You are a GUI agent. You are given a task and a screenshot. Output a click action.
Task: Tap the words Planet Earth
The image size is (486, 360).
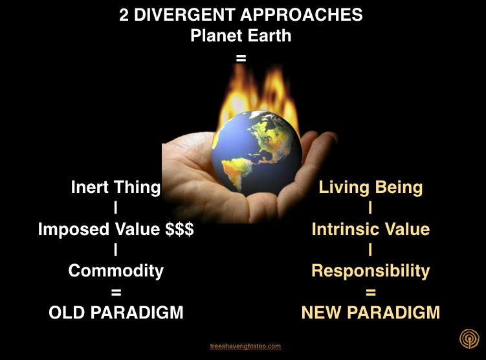(241, 36)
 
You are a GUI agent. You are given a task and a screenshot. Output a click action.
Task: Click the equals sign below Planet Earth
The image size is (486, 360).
(241, 58)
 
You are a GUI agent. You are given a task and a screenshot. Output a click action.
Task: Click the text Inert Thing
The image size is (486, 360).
(115, 188)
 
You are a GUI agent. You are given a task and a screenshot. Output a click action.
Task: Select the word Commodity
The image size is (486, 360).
(116, 271)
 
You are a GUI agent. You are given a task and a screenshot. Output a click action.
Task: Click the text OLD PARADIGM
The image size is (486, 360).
(116, 313)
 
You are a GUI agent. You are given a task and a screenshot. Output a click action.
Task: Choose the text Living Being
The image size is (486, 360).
(370, 188)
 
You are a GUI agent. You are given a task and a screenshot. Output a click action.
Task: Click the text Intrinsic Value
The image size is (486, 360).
(370, 229)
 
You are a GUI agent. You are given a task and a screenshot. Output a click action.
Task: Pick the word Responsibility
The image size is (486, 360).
(370, 271)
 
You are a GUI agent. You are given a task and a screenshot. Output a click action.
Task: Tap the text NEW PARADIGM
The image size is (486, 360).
(370, 313)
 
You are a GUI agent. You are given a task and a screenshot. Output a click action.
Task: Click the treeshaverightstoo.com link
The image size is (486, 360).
(246, 346)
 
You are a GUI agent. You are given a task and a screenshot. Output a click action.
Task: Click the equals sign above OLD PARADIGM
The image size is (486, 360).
(116, 292)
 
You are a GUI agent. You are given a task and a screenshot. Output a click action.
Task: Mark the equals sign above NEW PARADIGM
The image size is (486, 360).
(370, 292)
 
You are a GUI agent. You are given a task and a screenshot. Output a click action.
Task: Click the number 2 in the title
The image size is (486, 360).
(124, 15)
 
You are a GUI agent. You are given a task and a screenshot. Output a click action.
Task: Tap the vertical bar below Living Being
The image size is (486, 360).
(370, 208)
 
